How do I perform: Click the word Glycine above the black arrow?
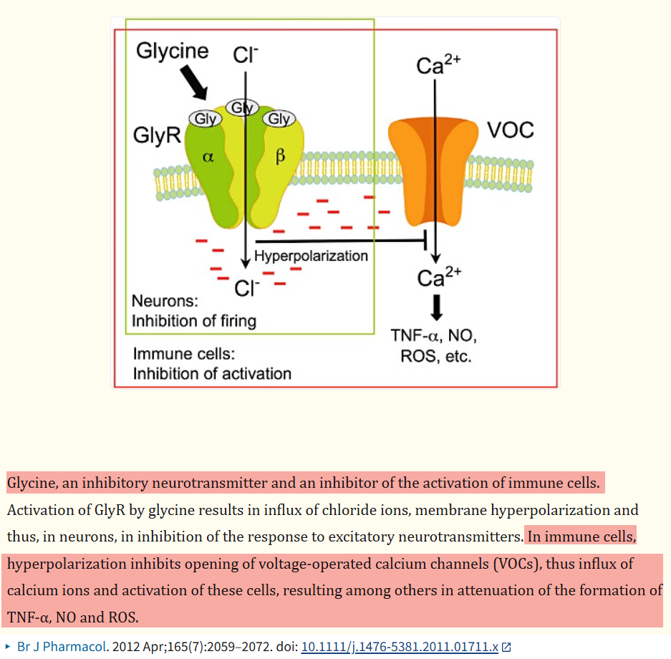[x=172, y=52]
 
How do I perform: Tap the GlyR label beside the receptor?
[x=157, y=136]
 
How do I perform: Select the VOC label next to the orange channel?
[x=510, y=130]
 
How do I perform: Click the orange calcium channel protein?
[x=433, y=165]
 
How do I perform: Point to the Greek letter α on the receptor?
[x=208, y=158]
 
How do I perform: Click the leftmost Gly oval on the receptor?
[x=205, y=119]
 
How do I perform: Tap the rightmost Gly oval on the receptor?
[x=279, y=119]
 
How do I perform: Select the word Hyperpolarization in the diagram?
[x=311, y=256]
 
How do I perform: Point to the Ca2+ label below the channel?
[x=439, y=277]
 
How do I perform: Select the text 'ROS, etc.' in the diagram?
[x=436, y=356]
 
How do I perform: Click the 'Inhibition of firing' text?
[x=193, y=320]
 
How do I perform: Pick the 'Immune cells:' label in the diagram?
[x=184, y=354]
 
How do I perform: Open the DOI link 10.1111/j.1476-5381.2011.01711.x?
[x=400, y=646]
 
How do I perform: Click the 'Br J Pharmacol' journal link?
[x=61, y=646]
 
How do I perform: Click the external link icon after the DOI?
[x=507, y=647]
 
